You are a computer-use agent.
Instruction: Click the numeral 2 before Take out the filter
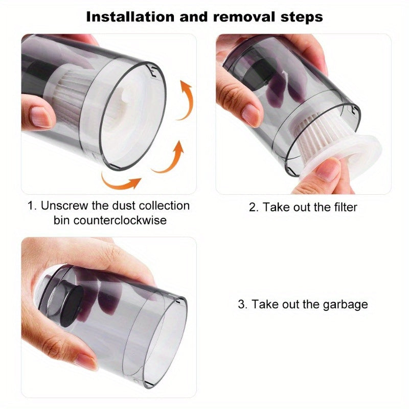pyautogui.click(x=252, y=207)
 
